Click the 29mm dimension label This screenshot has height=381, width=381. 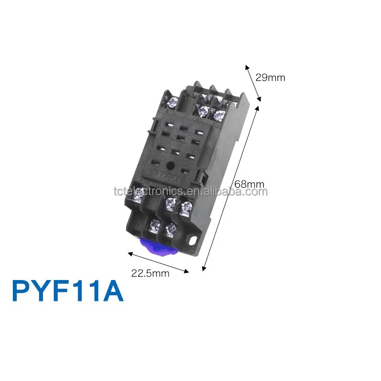(x=270, y=77)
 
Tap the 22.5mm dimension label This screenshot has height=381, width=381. (x=150, y=273)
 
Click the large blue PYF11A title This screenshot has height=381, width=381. (x=68, y=291)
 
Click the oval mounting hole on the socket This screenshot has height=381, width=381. (x=192, y=241)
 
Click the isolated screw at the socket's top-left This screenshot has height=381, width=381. (x=173, y=101)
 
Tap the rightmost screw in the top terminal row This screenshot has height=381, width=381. (x=219, y=114)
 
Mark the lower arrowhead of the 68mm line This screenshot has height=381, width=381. (x=204, y=269)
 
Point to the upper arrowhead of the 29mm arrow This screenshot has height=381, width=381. (x=247, y=66)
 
